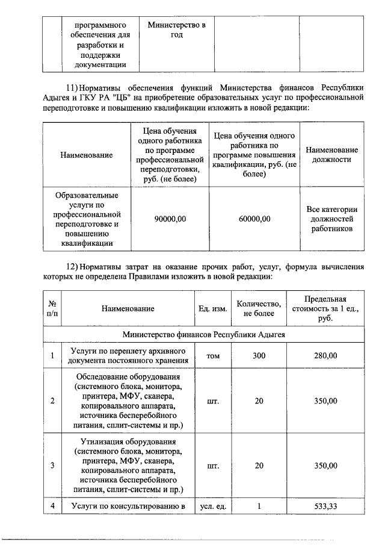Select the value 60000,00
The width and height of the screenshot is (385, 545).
click(254, 219)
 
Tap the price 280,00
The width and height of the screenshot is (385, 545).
click(325, 356)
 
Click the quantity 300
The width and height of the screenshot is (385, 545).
click(259, 356)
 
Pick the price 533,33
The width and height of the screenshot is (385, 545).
click(325, 506)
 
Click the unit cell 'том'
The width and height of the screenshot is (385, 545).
click(213, 356)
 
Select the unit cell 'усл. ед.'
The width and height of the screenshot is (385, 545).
click(213, 506)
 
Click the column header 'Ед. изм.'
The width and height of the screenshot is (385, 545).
click(213, 309)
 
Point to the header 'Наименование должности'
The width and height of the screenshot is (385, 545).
click(332, 155)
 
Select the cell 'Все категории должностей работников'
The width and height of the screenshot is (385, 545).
click(332, 219)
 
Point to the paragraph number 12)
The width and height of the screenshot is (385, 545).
click(72, 266)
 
